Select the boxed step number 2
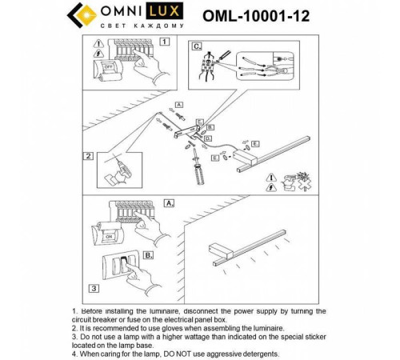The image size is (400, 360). [x=89, y=156]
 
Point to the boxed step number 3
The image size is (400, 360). [x=94, y=287]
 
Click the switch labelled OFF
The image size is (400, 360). [x=106, y=69]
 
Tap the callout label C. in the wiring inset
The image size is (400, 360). [x=197, y=46]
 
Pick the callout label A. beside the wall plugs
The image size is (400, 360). [x=179, y=105]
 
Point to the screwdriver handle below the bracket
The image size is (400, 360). [x=197, y=173]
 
